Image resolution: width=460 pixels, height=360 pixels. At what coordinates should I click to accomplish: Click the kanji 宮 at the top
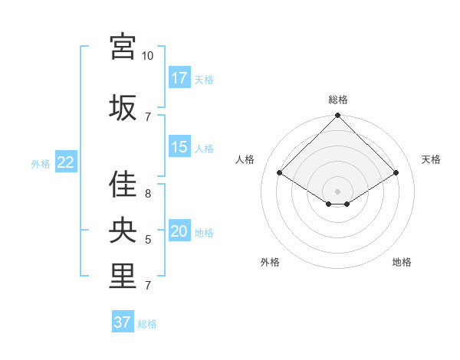pos(123,47)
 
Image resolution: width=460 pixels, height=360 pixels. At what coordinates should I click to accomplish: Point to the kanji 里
pos(123,277)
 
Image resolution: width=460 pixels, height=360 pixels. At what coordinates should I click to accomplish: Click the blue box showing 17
pos(179,78)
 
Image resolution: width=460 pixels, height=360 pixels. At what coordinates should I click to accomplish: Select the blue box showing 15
pos(179,147)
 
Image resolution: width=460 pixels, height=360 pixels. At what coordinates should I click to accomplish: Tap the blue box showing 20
pos(179,232)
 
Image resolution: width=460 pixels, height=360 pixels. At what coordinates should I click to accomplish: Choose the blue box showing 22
pos(65,162)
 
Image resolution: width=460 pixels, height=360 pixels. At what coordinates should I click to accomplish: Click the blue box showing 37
pos(123,322)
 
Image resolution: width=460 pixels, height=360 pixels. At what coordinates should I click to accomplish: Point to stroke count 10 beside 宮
pos(147,56)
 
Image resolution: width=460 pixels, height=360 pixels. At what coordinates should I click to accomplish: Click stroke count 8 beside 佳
pos(147,194)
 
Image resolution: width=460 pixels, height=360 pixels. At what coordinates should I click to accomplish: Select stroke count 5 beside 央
pos(147,240)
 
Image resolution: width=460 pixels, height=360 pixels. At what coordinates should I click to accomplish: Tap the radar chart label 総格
pos(337,100)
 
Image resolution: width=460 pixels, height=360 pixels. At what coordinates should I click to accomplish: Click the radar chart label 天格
pos(431,159)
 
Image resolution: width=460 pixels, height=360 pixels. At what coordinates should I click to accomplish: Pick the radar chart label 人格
pos(245,159)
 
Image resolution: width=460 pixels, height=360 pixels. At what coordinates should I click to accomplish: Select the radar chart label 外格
pos(270,262)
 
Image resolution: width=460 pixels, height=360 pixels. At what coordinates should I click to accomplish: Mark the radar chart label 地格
pos(402,262)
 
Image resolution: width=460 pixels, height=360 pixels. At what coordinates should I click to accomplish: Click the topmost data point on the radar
pos(337,116)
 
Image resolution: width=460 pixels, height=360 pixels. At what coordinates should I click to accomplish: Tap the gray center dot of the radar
pos(337,190)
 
